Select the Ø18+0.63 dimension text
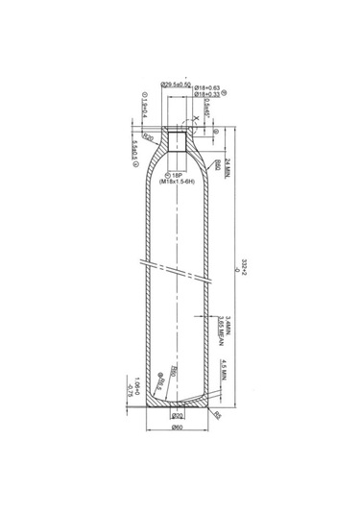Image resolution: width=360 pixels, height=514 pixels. (x=208, y=87)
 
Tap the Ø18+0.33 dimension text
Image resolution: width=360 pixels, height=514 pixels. (x=208, y=94)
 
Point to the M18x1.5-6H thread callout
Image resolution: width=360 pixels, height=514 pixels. (x=176, y=181)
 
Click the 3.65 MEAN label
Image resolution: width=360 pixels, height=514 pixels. (x=223, y=327)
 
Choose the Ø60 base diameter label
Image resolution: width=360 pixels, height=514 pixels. (x=177, y=428)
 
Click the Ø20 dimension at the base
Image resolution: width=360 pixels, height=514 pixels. (x=177, y=415)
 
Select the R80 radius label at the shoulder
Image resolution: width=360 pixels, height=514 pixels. (x=219, y=165)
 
